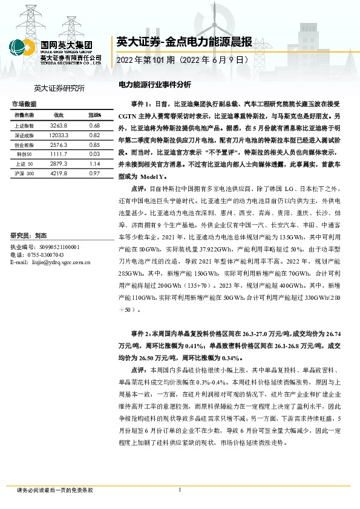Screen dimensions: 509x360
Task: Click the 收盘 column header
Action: (59, 115)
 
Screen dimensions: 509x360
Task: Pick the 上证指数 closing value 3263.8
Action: (59, 125)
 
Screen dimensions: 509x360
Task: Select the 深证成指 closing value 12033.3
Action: (59, 135)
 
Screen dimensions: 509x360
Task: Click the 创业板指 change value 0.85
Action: (94, 146)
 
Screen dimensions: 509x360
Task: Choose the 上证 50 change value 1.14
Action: (94, 164)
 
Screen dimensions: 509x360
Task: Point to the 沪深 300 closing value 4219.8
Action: (59, 174)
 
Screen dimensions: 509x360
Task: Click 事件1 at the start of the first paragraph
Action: (140, 104)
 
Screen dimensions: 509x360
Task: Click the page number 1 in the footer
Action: (180, 490)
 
